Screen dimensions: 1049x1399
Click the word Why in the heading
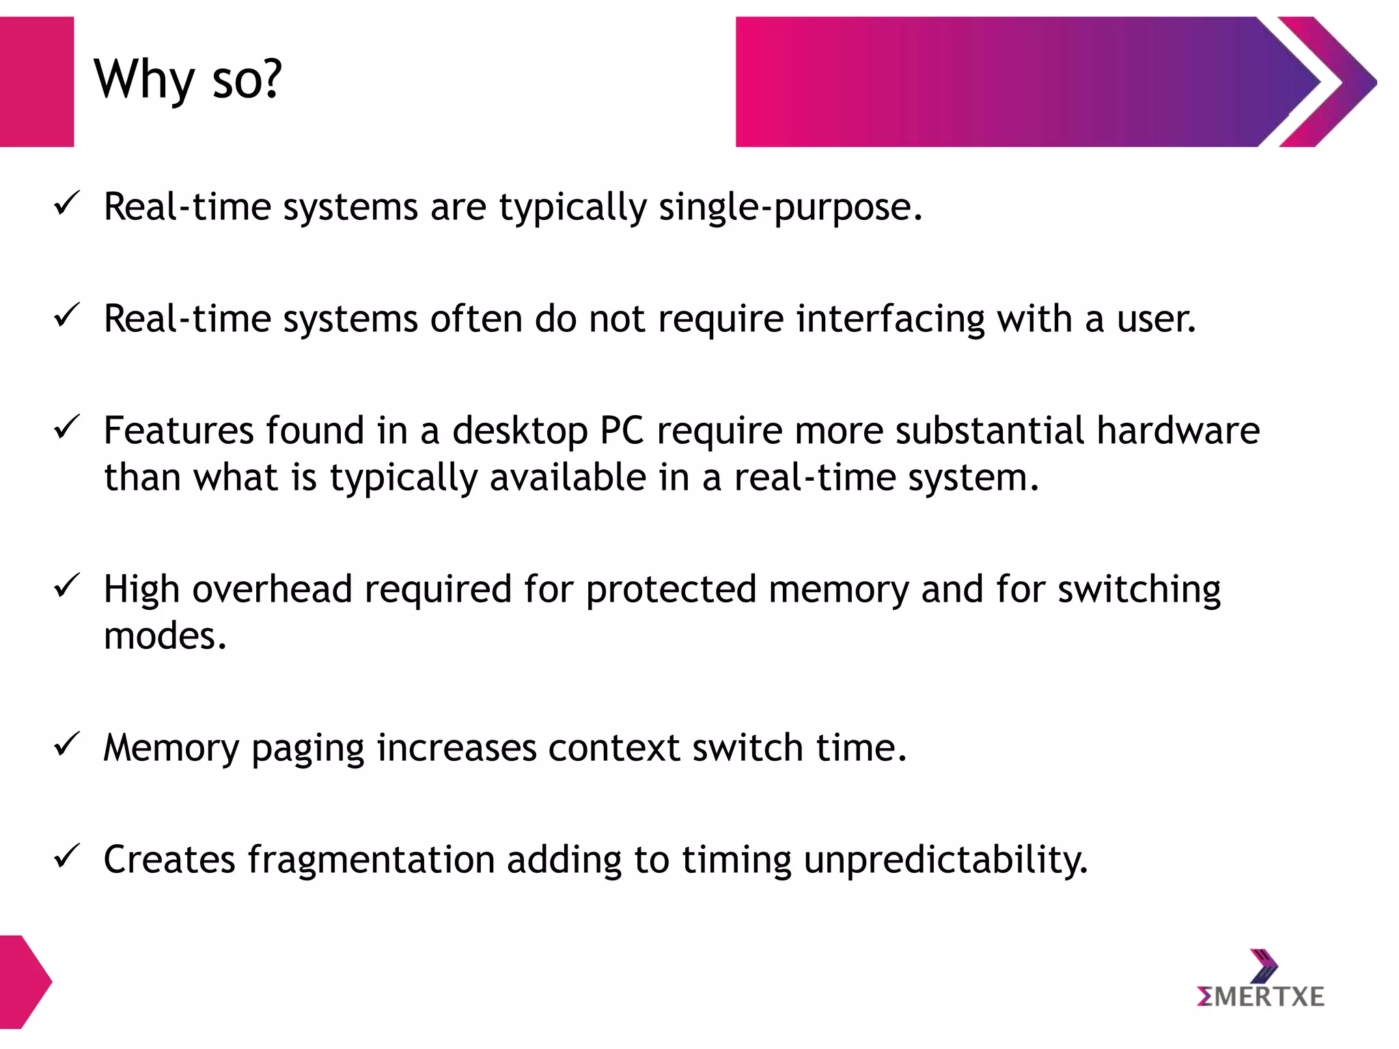[144, 81]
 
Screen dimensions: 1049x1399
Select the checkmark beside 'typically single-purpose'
[67, 204]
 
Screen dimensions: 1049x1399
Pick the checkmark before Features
[67, 428]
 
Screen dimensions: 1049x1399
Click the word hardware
[1178, 431]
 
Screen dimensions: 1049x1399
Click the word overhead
[272, 589]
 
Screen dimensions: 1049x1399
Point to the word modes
[164, 636]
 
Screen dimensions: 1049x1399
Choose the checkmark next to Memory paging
[67, 744]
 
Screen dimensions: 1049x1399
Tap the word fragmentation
[370, 860]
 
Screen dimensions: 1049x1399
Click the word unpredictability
[945, 860]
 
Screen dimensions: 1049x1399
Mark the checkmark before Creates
[67, 856]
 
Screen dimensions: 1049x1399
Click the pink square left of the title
[36, 82]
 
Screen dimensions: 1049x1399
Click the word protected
[671, 589]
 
